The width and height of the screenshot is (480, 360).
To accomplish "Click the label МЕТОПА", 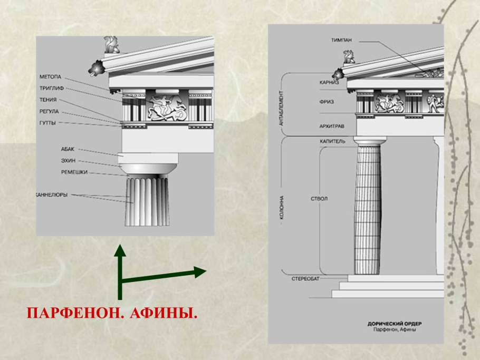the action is (51, 77).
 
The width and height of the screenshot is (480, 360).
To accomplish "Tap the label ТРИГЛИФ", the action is (52, 89).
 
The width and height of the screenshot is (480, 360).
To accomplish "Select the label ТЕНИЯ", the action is (48, 100).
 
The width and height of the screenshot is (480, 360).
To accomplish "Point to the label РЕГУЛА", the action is (49, 112).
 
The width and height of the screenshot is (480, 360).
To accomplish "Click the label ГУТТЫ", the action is (48, 123).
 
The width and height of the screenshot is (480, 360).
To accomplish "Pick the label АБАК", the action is (68, 149).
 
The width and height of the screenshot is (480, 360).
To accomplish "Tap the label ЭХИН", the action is (68, 161).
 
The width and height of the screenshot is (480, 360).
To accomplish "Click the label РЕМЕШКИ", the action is (74, 172).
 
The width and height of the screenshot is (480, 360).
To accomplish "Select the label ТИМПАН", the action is (342, 40).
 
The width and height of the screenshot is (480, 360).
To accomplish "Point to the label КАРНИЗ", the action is (329, 83).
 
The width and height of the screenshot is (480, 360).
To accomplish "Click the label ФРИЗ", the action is (327, 102).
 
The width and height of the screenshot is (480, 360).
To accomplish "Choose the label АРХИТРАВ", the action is (332, 126).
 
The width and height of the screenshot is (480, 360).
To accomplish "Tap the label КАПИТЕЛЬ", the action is (332, 141).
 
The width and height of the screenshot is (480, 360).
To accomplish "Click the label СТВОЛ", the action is (319, 199).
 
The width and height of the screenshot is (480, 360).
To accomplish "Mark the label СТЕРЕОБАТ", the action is (305, 279).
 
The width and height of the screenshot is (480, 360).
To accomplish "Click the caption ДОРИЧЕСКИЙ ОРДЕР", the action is (395, 324).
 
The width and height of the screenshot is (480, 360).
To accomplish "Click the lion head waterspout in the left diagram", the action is (97, 67).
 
